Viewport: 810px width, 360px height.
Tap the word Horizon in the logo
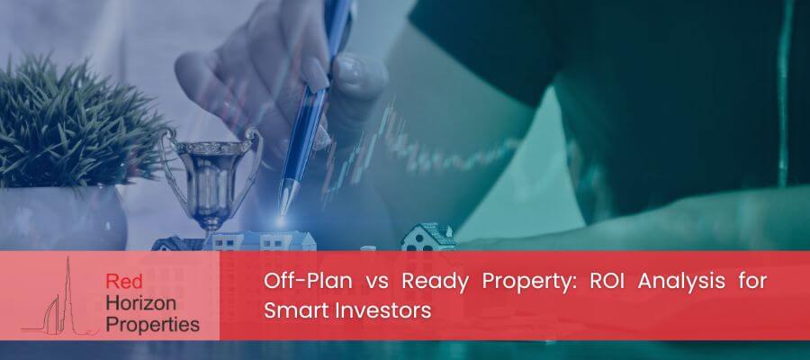click(140, 303)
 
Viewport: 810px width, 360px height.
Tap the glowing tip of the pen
click(282, 220)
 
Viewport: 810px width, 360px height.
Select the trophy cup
click(211, 178)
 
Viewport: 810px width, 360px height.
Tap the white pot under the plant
click(62, 218)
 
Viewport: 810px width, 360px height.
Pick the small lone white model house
click(428, 238)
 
